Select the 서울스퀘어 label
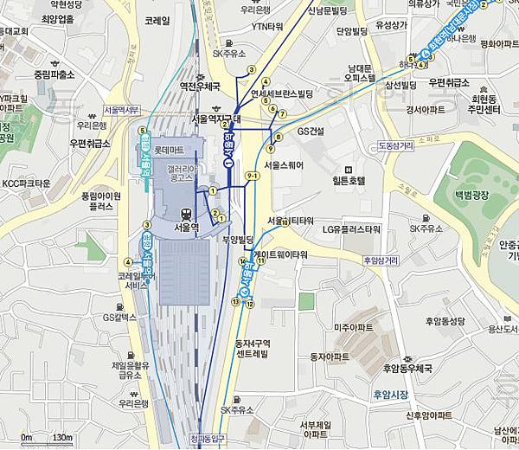[x=288, y=164]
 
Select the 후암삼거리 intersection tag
[x=381, y=259]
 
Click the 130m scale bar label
[x=61, y=438]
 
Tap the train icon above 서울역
[x=185, y=213]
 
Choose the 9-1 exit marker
[x=253, y=177]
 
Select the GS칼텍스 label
[x=120, y=318]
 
